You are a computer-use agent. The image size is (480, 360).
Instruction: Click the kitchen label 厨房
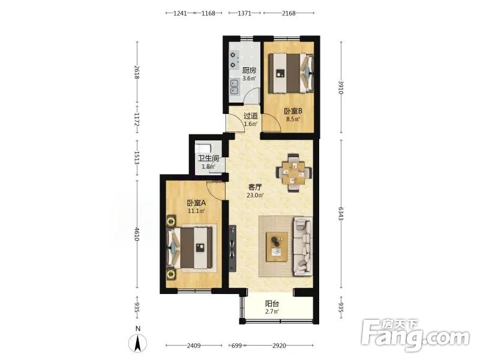(249, 70)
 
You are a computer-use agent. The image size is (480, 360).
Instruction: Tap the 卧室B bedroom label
(293, 111)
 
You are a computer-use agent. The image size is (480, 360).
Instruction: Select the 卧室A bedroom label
(196, 203)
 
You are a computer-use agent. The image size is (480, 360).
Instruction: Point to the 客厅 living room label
(255, 187)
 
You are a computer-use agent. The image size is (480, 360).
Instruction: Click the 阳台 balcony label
(272, 304)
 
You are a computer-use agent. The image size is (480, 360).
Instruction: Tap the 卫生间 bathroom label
(208, 158)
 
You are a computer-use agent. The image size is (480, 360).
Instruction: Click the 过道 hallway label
(250, 116)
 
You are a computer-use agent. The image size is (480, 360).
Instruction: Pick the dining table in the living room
(293, 173)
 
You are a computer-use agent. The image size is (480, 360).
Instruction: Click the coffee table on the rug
(277, 247)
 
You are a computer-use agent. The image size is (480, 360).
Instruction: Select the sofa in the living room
(303, 247)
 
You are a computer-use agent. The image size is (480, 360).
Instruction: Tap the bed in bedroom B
(291, 73)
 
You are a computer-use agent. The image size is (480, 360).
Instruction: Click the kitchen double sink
(235, 86)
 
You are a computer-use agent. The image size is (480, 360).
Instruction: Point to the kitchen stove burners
(234, 60)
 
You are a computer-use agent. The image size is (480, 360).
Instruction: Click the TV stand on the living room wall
(232, 248)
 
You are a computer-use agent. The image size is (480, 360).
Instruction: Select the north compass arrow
(138, 343)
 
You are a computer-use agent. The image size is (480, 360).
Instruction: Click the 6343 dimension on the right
(341, 214)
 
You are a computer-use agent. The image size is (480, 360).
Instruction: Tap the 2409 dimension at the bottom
(194, 346)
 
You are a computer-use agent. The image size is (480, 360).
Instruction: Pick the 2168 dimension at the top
(289, 13)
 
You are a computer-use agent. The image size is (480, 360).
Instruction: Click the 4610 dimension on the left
(137, 234)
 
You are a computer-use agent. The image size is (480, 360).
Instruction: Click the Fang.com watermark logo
(415, 335)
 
